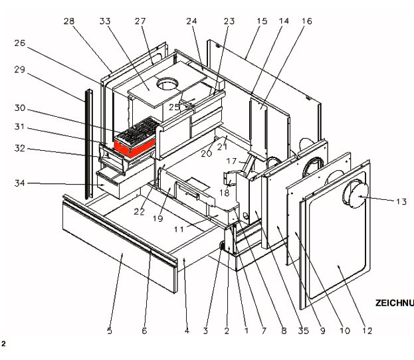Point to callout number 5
click(x=110, y=330)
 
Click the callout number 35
click(x=304, y=330)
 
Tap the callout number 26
click(x=19, y=43)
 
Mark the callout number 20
click(x=207, y=153)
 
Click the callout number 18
click(x=225, y=193)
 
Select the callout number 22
click(x=139, y=211)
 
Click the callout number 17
click(x=231, y=161)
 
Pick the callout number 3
click(x=206, y=330)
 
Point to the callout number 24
click(x=192, y=21)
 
